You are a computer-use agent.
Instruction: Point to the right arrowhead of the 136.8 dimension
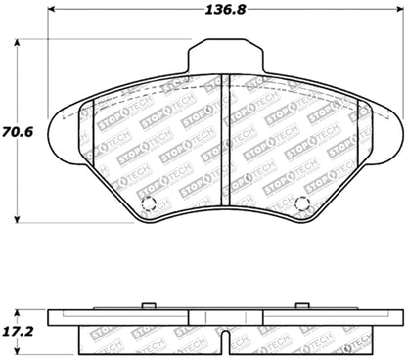click(399, 25)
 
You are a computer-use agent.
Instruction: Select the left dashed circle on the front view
click(149, 205)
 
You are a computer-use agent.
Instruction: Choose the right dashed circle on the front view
click(302, 205)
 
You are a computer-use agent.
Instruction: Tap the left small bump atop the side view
click(149, 306)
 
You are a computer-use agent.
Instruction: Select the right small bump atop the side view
click(302, 306)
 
